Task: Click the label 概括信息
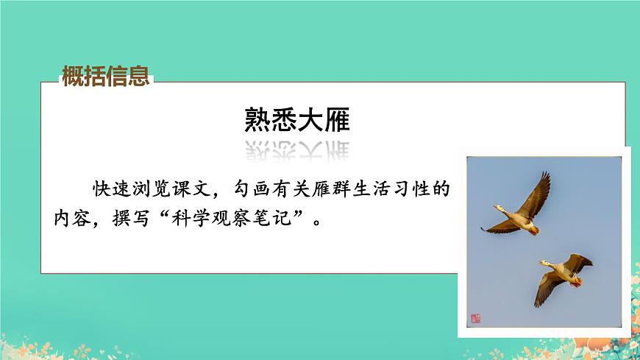106,76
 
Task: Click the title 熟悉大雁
296,119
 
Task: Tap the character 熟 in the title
257,119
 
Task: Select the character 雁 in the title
336,119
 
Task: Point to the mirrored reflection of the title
296,149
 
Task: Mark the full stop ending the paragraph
318,222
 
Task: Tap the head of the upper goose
498,208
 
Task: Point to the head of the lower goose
544,263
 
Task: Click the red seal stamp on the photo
474,319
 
